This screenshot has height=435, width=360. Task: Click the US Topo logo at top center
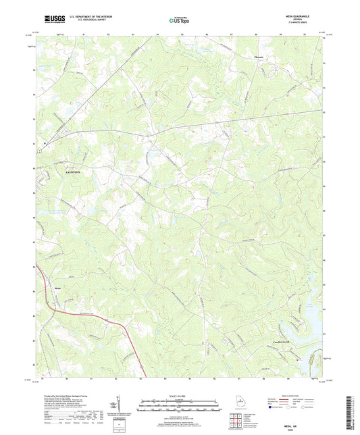180,20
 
